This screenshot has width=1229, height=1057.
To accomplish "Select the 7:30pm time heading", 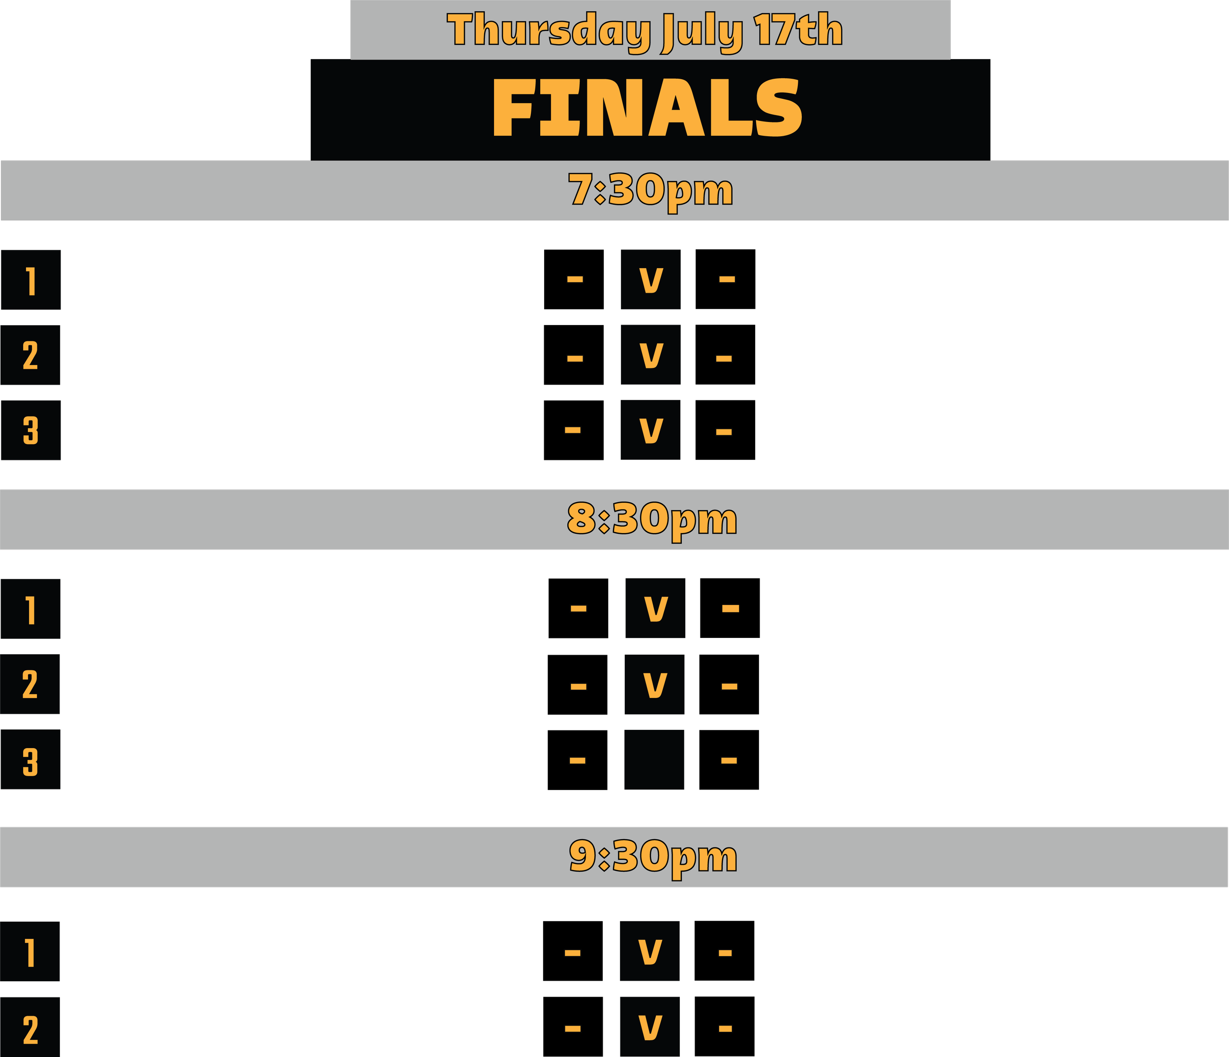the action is [x=651, y=190].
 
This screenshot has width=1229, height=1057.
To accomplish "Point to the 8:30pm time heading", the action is [x=652, y=519].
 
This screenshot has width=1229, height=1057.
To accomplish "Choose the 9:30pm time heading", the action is [x=652, y=856].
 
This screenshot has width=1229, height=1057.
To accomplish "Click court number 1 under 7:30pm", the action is [x=31, y=280].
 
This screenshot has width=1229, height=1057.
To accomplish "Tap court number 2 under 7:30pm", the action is [x=30, y=356].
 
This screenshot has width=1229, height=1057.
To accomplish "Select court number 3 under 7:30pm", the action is [x=31, y=430].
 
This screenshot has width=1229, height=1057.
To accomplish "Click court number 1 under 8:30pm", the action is [x=30, y=609].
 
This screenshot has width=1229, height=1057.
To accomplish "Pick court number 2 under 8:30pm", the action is [x=29, y=684].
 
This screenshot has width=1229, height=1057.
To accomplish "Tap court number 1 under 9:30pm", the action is [x=29, y=952].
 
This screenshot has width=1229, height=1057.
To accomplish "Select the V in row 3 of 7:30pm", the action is [x=651, y=430].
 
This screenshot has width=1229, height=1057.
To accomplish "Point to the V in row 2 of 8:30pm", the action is [x=655, y=685].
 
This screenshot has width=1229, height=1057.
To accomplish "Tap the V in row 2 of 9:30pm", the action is [x=650, y=1027].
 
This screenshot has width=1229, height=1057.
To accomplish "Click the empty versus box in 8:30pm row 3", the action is [x=654, y=759].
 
